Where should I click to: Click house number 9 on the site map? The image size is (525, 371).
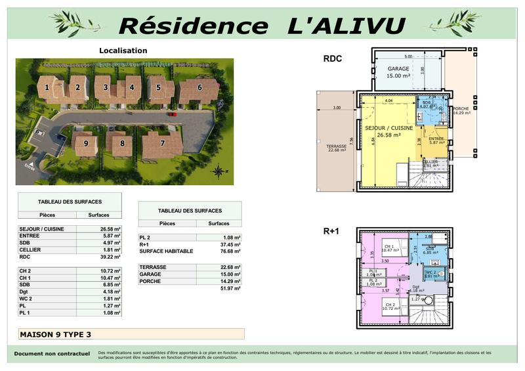tap(85, 143)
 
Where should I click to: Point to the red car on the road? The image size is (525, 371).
tap(172, 114)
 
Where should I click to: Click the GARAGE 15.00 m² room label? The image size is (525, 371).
tap(398, 72)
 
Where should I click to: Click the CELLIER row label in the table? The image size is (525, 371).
tap(31, 250)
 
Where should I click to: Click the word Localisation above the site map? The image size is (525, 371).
tap(123, 51)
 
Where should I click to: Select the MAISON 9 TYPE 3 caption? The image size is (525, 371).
tap(56, 334)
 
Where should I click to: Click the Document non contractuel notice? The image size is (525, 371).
tap(52, 353)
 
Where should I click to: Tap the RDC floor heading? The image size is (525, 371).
tap(332, 59)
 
